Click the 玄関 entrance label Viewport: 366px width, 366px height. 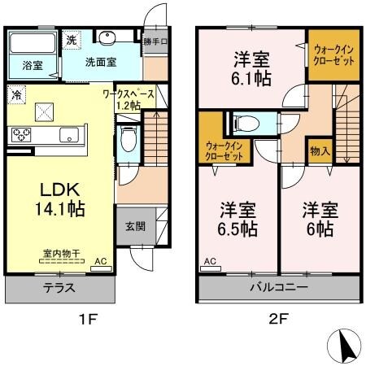point(136,226)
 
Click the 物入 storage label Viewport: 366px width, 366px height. point(320,150)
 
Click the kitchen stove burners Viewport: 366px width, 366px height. point(20,136)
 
